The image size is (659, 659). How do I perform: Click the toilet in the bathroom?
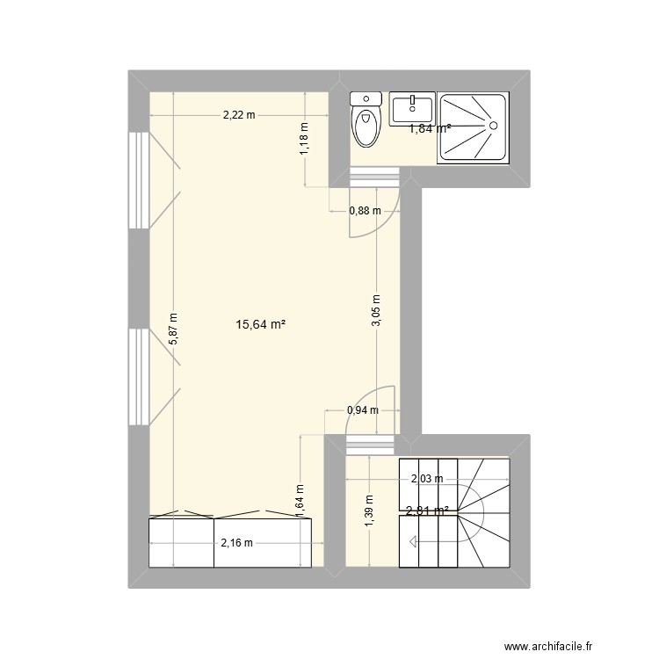(x=366, y=123)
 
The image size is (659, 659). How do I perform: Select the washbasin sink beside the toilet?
(x=411, y=110)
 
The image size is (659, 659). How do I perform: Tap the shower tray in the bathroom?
(x=474, y=128)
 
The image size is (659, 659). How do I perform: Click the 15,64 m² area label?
(x=261, y=325)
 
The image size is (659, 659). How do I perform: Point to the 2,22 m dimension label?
(x=238, y=114)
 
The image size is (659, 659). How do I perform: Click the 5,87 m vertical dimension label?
(x=174, y=328)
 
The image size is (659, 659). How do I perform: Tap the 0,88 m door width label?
(x=365, y=211)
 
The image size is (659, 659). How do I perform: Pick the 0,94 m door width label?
(x=362, y=409)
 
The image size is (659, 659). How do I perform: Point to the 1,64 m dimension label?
(x=300, y=498)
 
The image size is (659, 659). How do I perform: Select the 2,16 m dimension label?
(x=236, y=543)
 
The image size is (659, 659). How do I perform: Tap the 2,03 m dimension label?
(x=427, y=479)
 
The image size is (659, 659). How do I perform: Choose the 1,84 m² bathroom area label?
(x=430, y=128)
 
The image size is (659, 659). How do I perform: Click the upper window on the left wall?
(x=138, y=180)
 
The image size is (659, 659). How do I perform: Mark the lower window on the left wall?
(x=138, y=376)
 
